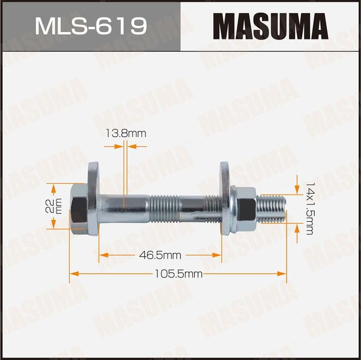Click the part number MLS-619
point(90,26)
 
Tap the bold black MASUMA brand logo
point(271,26)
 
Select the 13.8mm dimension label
point(125,133)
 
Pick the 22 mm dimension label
point(52,206)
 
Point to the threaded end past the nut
point(272,207)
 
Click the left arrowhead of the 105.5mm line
point(73,274)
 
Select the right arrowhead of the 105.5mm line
point(284,274)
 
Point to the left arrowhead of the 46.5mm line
point(102,254)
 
